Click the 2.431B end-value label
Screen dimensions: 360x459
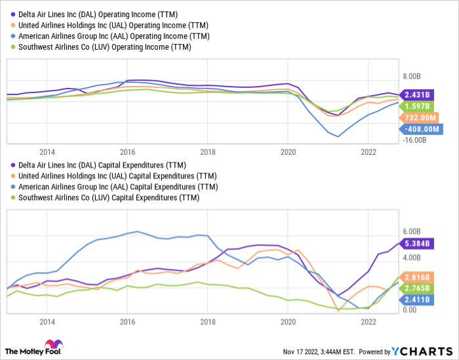pos(418,94)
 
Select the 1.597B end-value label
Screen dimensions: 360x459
pos(418,106)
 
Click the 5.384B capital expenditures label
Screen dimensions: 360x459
pos(418,243)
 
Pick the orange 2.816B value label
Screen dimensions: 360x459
pos(418,277)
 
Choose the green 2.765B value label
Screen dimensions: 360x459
pos(418,289)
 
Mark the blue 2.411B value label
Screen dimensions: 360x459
pos(418,300)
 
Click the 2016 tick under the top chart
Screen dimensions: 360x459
pos(127,150)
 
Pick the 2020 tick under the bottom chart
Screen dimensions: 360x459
pos(288,322)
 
